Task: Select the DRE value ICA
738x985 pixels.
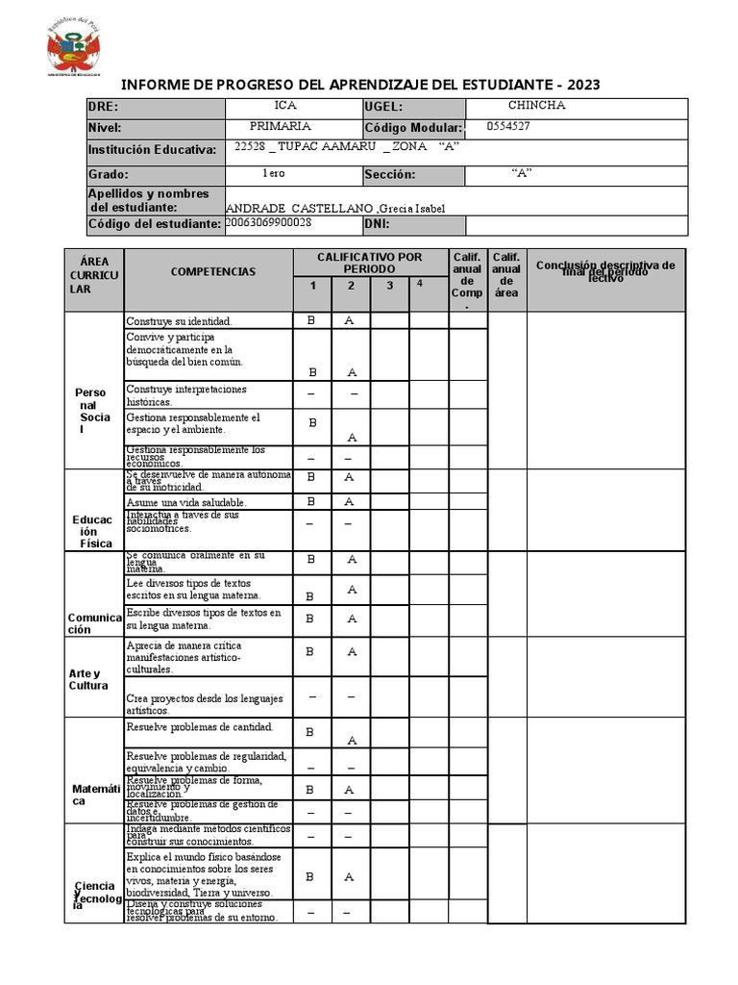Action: point(285,106)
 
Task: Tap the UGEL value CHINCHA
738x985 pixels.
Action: point(536,106)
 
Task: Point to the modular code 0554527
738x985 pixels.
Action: point(509,126)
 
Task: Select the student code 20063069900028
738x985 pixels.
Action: point(268,223)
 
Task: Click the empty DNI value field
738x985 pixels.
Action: point(576,225)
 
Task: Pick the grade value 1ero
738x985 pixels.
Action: point(273,173)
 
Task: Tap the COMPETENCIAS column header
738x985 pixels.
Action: point(213,272)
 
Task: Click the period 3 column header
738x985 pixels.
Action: point(389,286)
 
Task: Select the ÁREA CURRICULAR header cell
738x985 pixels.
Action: point(94,275)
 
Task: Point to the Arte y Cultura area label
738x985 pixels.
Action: point(89,679)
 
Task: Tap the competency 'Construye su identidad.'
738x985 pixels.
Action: point(179,320)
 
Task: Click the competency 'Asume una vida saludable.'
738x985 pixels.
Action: point(186,502)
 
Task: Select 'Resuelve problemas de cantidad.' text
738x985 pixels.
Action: point(200,727)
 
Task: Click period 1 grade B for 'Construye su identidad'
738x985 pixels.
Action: point(310,320)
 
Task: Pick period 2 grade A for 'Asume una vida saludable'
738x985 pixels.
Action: point(350,501)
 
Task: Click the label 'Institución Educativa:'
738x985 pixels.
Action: point(152,150)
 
